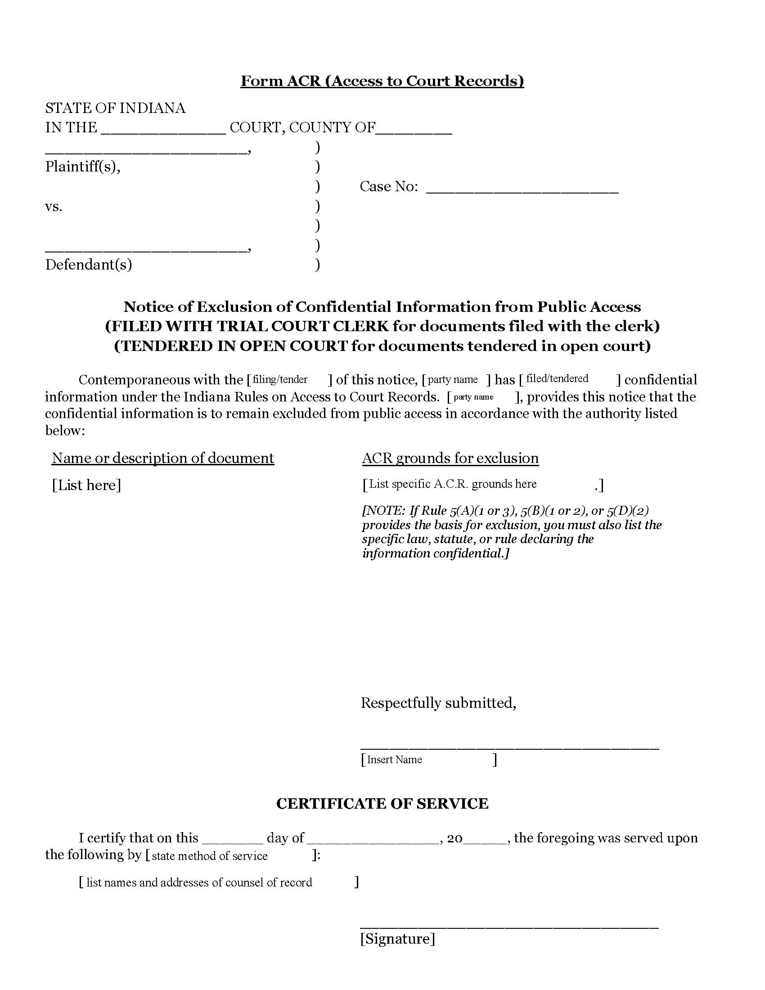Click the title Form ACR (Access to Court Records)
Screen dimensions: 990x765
pyautogui.click(x=382, y=81)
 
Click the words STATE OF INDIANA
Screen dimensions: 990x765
pyautogui.click(x=115, y=108)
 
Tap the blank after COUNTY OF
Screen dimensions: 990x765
pyautogui.click(x=414, y=129)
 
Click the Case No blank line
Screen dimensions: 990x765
pyautogui.click(x=522, y=188)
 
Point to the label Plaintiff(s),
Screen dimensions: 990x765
pyautogui.click(x=82, y=167)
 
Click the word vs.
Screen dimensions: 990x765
pyautogui.click(x=54, y=207)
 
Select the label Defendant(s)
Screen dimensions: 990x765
pyautogui.click(x=88, y=264)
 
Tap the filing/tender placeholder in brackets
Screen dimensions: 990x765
pyautogui.click(x=280, y=379)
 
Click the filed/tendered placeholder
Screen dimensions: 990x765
pyautogui.click(x=557, y=378)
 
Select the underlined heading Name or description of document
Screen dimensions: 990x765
pyautogui.click(x=163, y=458)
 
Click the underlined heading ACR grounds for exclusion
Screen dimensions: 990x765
pyautogui.click(x=450, y=458)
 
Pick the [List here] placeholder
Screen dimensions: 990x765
pyautogui.click(x=86, y=485)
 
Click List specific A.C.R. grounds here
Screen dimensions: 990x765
pyautogui.click(x=453, y=484)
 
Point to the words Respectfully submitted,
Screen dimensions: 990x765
pyautogui.click(x=438, y=702)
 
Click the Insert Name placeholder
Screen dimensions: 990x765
pyautogui.click(x=394, y=759)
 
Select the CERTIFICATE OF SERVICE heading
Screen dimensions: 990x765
pyautogui.click(x=382, y=803)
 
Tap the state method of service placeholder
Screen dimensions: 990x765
pyautogui.click(x=209, y=856)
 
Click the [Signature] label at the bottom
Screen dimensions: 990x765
pyautogui.click(x=397, y=938)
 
